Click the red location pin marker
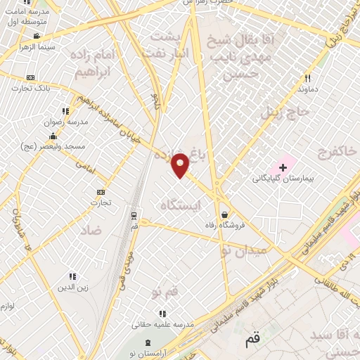181,165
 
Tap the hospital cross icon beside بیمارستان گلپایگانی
283,167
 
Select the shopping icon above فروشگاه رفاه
224,215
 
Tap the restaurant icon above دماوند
307,79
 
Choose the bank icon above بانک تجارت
30,77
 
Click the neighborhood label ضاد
91,230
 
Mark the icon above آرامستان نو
146,342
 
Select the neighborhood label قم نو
167,290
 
